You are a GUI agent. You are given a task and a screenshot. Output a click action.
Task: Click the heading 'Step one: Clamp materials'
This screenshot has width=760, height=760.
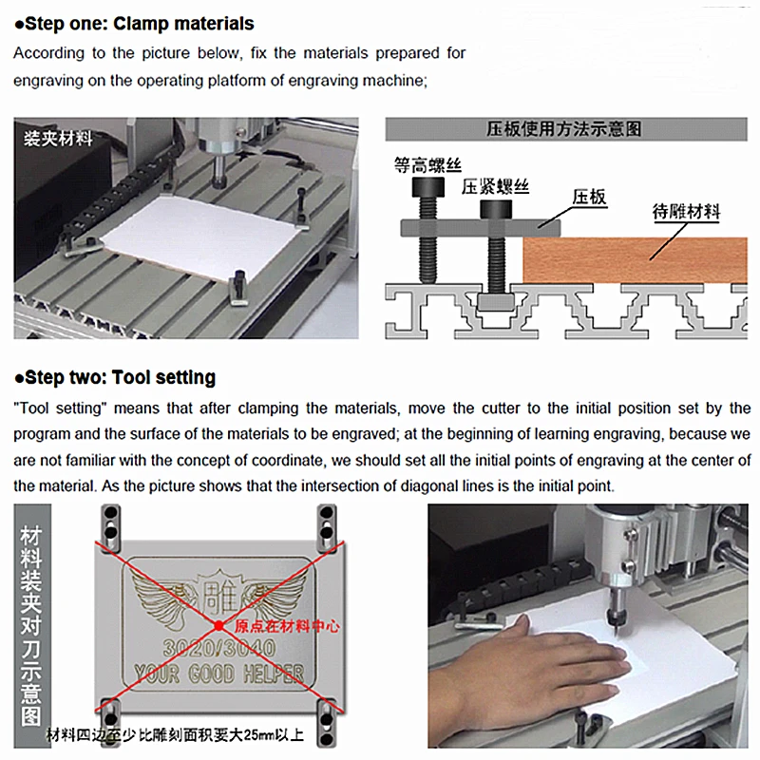click(x=133, y=23)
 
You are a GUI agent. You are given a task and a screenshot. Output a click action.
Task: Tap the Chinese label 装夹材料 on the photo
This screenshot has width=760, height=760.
click(x=58, y=139)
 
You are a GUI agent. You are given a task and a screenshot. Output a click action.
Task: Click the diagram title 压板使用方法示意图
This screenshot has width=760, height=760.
click(x=564, y=129)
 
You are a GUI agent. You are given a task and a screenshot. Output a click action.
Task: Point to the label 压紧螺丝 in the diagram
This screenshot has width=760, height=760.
click(x=496, y=187)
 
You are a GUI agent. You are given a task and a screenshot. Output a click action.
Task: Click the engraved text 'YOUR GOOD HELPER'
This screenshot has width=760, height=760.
click(x=218, y=674)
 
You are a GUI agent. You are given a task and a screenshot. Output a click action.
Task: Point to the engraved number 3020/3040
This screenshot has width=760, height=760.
click(x=218, y=648)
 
